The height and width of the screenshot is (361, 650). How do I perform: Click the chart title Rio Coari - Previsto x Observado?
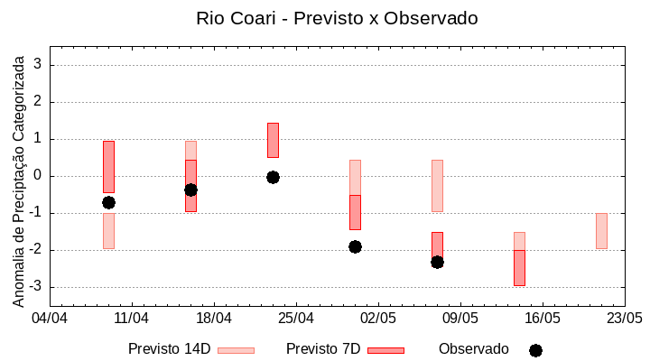click(x=337, y=18)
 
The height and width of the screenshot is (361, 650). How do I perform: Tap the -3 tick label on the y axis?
click(x=37, y=287)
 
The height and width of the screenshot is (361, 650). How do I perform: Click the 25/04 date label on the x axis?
click(x=295, y=318)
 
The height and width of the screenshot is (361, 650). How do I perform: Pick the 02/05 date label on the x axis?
click(x=377, y=318)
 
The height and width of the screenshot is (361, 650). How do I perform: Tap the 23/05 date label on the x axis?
click(x=624, y=318)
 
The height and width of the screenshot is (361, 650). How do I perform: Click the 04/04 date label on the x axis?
click(x=50, y=318)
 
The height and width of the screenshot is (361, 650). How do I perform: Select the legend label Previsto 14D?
click(x=169, y=349)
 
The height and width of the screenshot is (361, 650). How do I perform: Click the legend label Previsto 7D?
click(x=322, y=349)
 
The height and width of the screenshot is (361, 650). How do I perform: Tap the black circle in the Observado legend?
click(x=535, y=350)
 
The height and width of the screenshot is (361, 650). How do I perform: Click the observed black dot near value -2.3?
click(x=437, y=262)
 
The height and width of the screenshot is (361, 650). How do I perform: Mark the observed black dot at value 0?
click(x=273, y=177)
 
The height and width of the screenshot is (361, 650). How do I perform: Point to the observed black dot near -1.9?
click(x=355, y=246)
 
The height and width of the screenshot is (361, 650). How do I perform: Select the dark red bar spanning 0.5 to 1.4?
click(x=273, y=140)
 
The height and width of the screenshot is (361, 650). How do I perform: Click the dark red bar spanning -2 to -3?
click(x=519, y=268)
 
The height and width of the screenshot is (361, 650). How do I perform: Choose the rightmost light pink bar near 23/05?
click(x=601, y=231)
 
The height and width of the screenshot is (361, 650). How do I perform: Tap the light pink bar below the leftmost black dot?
click(x=108, y=231)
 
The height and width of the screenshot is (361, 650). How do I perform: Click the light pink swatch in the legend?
click(x=236, y=350)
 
